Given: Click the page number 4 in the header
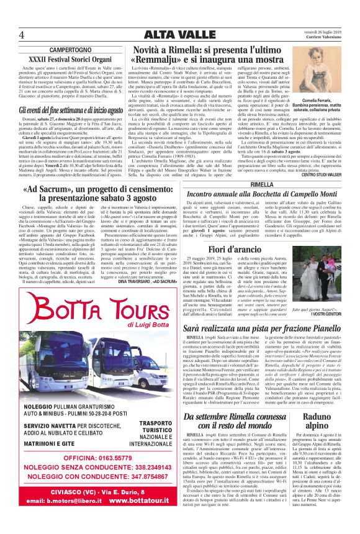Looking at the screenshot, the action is pos(22,34).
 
